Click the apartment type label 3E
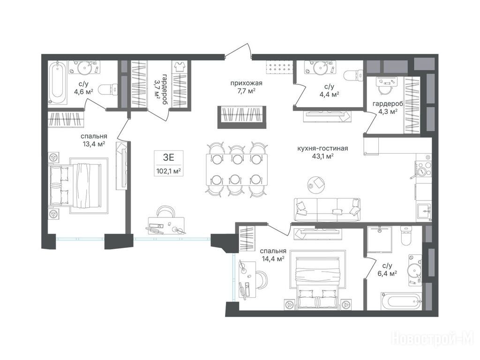[x=168, y=157]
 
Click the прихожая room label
[x=246, y=83]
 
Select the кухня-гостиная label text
[x=322, y=149]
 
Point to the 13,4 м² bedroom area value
[x=94, y=144]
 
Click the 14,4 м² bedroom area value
[x=273, y=258]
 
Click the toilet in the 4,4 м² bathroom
[x=353, y=75]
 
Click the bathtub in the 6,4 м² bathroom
[x=402, y=301]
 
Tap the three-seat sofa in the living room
[x=327, y=210]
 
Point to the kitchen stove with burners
[x=423, y=169]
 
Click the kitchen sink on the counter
[x=424, y=211]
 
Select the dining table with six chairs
[x=237, y=169]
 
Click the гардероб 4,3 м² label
[x=388, y=107]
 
